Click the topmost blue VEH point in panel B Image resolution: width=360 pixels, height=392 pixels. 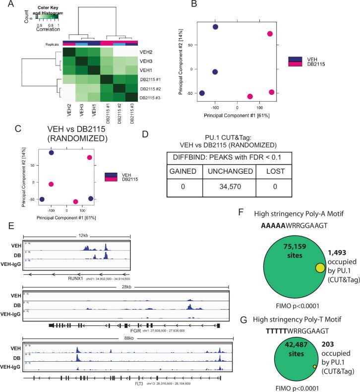click(x=216, y=26)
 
